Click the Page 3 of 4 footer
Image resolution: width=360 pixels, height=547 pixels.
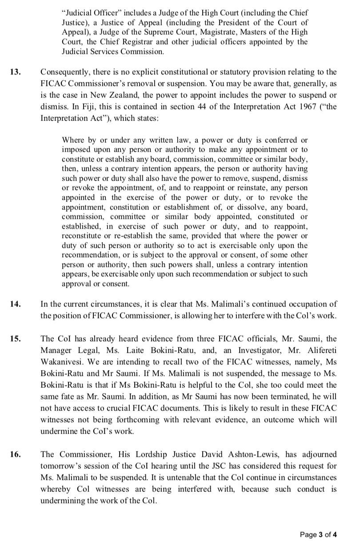click(318, 534)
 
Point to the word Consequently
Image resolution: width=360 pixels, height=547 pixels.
click(65, 72)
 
